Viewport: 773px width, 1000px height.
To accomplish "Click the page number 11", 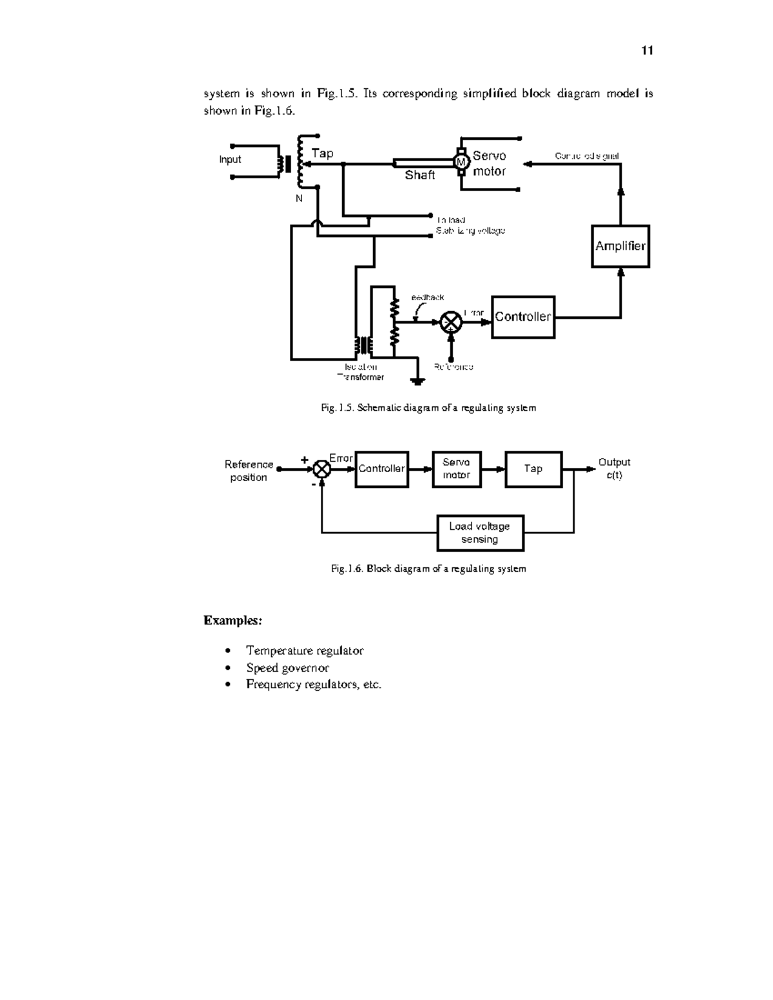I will [x=647, y=51].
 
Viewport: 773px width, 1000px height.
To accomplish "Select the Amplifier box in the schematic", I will [x=620, y=246].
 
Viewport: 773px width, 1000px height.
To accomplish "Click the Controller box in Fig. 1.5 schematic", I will [x=522, y=317].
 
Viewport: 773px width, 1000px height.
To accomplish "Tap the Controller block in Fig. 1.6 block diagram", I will [x=381, y=469].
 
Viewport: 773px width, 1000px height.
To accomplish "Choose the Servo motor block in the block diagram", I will [x=456, y=469].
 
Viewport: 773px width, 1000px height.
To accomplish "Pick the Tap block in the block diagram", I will [x=533, y=469].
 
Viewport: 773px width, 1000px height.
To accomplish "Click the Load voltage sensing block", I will [x=480, y=533].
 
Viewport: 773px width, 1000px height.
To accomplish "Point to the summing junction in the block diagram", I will [x=321, y=469].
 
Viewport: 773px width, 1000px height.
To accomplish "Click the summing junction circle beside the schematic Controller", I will [x=451, y=322].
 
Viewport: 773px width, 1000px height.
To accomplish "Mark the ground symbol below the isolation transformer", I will [x=418, y=381].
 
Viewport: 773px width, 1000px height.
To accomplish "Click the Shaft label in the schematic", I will [x=419, y=175].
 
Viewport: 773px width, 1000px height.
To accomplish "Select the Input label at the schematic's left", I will [x=230, y=160].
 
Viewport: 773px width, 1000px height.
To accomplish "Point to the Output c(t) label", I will [x=614, y=469].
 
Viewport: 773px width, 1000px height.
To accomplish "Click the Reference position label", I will [x=249, y=471].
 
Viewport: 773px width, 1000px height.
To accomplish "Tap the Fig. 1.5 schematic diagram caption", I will [x=428, y=408].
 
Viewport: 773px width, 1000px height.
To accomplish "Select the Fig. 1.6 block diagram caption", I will [x=428, y=569].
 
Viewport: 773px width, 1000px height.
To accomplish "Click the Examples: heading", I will [x=233, y=621].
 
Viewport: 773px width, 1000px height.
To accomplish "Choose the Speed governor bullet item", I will [x=287, y=668].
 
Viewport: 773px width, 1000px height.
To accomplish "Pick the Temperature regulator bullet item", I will [x=305, y=651].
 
